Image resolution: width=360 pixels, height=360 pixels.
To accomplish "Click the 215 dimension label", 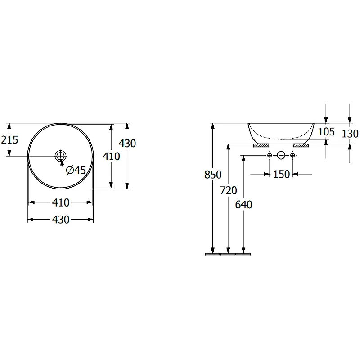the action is [x=9, y=140].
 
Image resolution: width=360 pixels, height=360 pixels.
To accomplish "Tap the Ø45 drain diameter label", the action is [x=76, y=170].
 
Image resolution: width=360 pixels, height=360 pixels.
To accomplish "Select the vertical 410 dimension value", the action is [x=111, y=156].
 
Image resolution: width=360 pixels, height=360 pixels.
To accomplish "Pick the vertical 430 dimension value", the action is [x=127, y=144].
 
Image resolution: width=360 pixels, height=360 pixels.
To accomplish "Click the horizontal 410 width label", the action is [x=61, y=203].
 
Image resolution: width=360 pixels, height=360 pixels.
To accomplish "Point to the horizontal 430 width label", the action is [x=61, y=220].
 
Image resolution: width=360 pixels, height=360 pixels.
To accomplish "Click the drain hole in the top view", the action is [x=60, y=156].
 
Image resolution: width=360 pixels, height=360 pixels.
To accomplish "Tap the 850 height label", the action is [x=213, y=175].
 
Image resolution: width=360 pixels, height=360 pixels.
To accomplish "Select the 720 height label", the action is [x=229, y=190].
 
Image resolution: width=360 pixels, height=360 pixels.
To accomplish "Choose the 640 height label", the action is [x=243, y=205].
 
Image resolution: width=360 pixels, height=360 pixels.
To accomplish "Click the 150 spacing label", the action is [x=282, y=175].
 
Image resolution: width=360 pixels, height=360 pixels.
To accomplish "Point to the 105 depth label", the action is [x=326, y=132].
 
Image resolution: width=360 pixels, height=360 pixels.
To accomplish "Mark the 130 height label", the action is [x=350, y=134].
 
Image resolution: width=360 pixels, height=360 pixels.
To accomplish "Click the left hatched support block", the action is [x=261, y=145].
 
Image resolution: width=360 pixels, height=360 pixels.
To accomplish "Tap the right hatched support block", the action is [x=301, y=145].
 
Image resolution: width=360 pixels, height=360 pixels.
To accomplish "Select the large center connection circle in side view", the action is [x=281, y=155].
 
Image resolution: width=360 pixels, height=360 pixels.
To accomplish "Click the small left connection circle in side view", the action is [x=270, y=155].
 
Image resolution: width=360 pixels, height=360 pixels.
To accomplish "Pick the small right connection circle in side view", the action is [x=292, y=155].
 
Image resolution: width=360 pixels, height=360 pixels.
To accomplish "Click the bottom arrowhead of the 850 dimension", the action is [x=213, y=250].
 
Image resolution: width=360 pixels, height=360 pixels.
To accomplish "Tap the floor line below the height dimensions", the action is [x=228, y=254].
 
